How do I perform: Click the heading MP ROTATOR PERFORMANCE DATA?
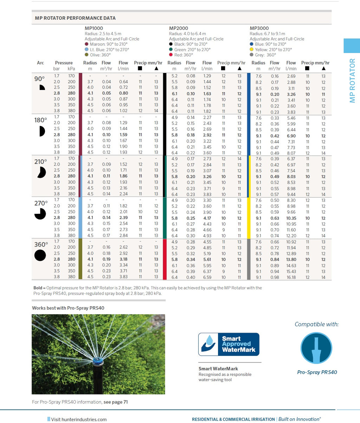[x=75, y=18]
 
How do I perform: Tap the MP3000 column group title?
[x=259, y=28]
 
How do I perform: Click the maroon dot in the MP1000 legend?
[x=87, y=44]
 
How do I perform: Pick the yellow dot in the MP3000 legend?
[x=252, y=50]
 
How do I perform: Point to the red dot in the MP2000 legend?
[x=171, y=55]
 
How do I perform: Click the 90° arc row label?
[x=40, y=79]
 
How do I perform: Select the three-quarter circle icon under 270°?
[x=40, y=214]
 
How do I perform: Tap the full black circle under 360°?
[x=40, y=255]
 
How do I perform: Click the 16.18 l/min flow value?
[x=291, y=277]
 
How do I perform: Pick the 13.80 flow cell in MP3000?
[x=291, y=259]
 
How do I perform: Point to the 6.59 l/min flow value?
[x=207, y=277]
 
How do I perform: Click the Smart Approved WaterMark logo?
[x=229, y=345]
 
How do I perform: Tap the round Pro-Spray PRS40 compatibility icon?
[x=316, y=348]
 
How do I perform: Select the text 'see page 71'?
[x=116, y=402]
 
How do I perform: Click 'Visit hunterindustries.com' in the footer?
[x=79, y=419]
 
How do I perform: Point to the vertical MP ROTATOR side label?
[x=352, y=81]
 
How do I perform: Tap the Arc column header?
[x=40, y=63]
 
